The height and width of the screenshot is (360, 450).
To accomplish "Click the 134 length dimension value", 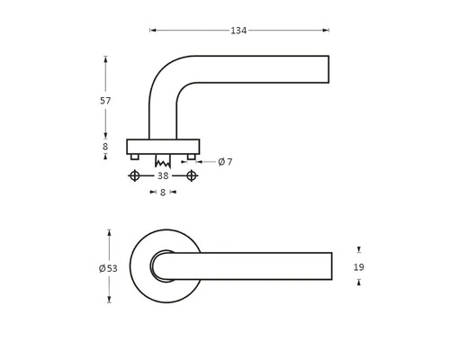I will (x=238, y=31).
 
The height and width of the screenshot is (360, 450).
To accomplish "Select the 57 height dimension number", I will (x=105, y=101).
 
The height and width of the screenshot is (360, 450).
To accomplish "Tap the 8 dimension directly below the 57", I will (x=105, y=147).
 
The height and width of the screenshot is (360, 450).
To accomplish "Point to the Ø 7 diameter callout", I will (x=225, y=162).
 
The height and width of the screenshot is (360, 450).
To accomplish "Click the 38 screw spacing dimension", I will (x=163, y=176).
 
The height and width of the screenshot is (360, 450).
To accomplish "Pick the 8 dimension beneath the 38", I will (x=163, y=192).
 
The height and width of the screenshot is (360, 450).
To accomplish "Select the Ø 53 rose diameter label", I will (x=108, y=268).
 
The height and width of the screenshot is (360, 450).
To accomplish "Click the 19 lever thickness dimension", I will (x=359, y=267).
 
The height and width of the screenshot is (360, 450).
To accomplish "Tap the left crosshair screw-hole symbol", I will (x=135, y=176).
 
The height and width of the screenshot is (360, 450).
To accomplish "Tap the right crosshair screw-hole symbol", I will (x=192, y=176).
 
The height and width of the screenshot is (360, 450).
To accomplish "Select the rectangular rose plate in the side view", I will (x=163, y=147).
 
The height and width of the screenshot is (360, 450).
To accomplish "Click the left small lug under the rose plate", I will (x=135, y=157).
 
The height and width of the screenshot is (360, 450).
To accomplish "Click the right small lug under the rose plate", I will (x=192, y=157).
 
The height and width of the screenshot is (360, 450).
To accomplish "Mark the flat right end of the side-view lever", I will (x=328, y=69).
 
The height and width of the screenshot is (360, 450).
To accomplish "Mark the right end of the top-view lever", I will (x=330, y=266).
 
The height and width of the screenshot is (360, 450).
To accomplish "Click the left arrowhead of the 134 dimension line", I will (x=152, y=31).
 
